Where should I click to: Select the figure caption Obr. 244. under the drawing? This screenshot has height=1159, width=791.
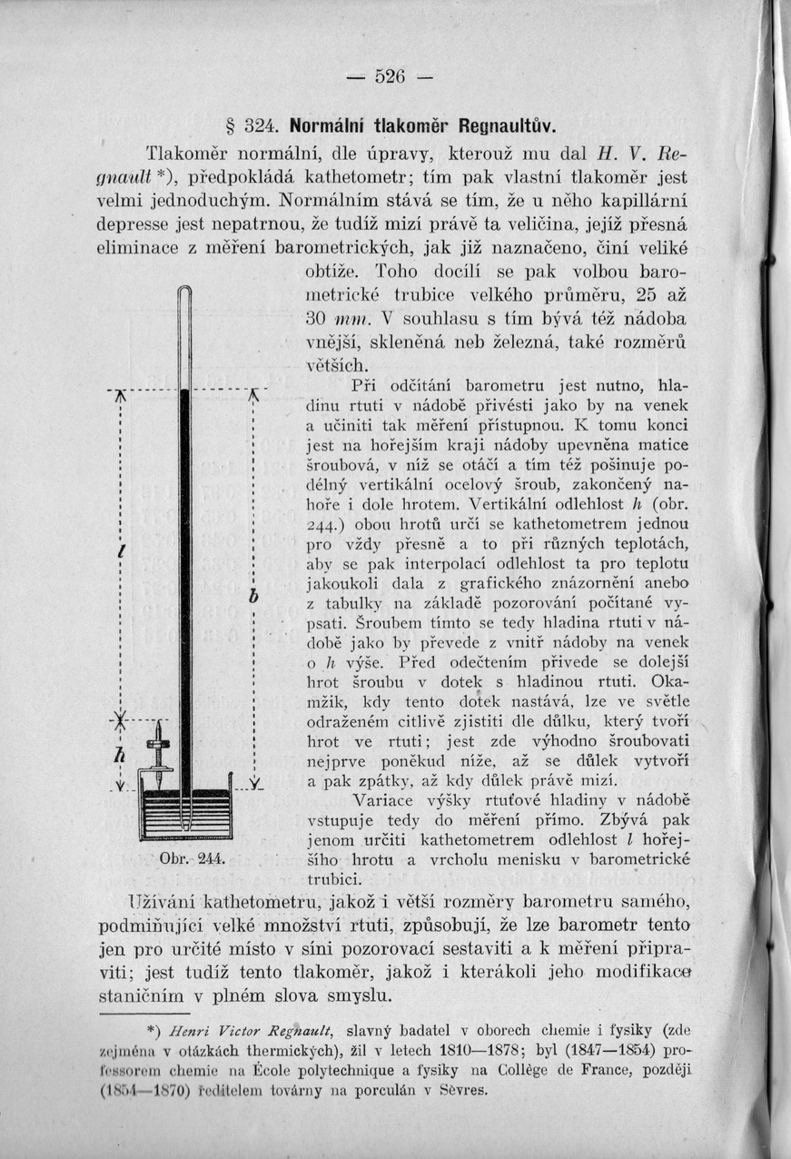pos(185,858)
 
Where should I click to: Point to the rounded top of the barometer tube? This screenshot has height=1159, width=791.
pos(185,292)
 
